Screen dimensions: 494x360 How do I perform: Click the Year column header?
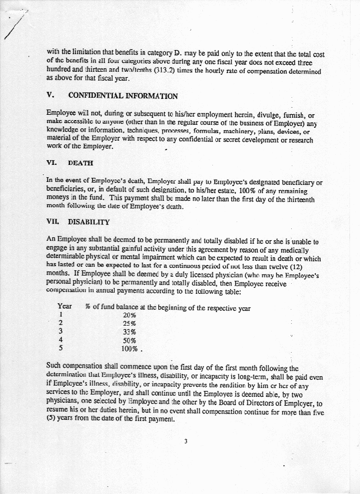65,306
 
